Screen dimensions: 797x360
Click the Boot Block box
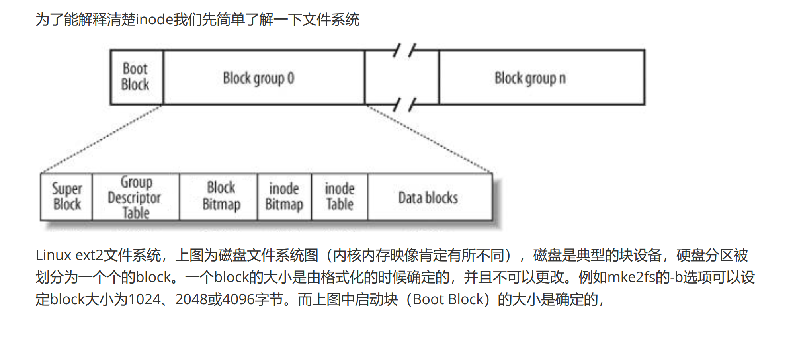[137, 77]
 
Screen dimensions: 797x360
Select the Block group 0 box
[264, 77]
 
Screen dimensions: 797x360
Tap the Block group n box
[542, 77]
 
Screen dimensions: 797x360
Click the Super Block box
[66, 197]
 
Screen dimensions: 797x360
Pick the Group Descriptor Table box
[136, 197]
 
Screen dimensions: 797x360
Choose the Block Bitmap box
[219, 197]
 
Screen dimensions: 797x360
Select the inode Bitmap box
[285, 197]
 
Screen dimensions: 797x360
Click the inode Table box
[340, 197]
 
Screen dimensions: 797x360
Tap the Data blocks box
[430, 197]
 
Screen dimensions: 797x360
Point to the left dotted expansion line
[102, 139]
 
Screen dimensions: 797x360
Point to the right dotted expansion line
[429, 139]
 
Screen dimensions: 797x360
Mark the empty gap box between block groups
[402, 77]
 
